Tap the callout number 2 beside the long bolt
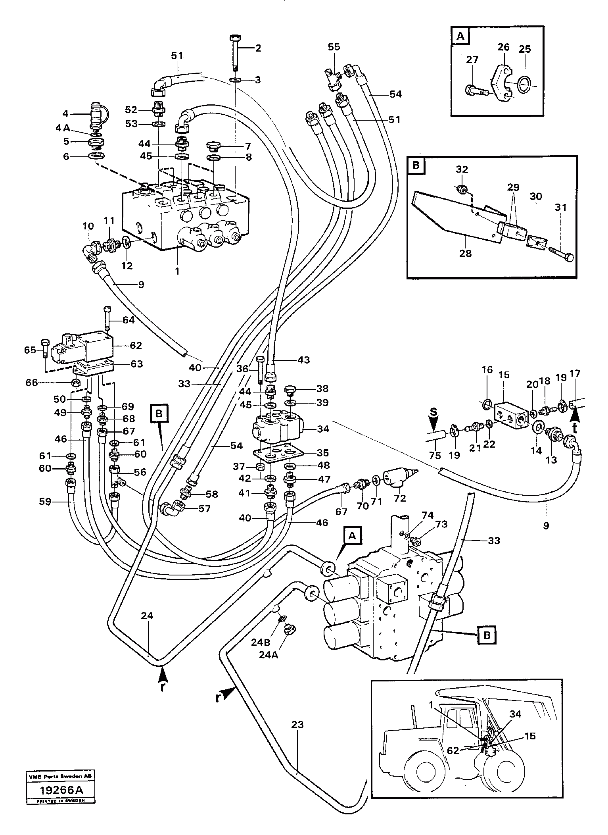[258, 48]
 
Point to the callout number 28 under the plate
[465, 252]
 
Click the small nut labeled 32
[462, 189]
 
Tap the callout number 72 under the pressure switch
[400, 498]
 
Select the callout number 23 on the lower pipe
[297, 725]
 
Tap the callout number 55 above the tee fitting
[334, 47]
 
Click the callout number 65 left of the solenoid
[30, 350]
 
